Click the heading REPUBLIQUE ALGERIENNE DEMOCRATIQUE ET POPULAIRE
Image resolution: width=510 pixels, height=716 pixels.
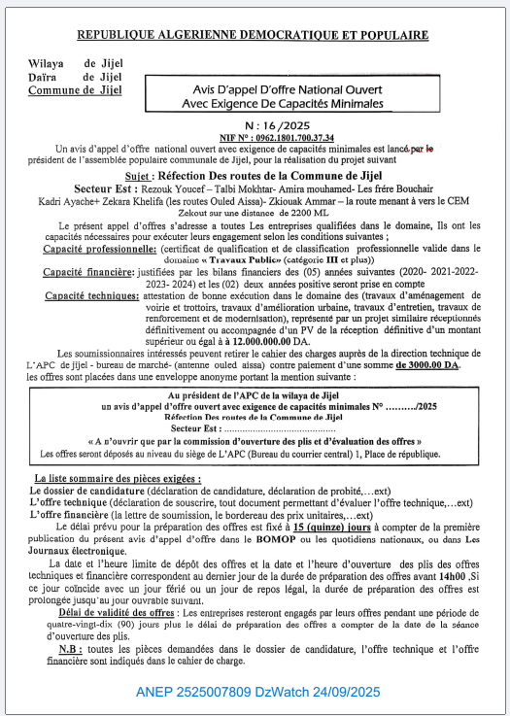(x=255, y=35)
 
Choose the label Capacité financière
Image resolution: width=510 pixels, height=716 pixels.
(x=86, y=276)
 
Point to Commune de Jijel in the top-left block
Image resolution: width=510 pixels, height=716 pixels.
(x=75, y=90)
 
